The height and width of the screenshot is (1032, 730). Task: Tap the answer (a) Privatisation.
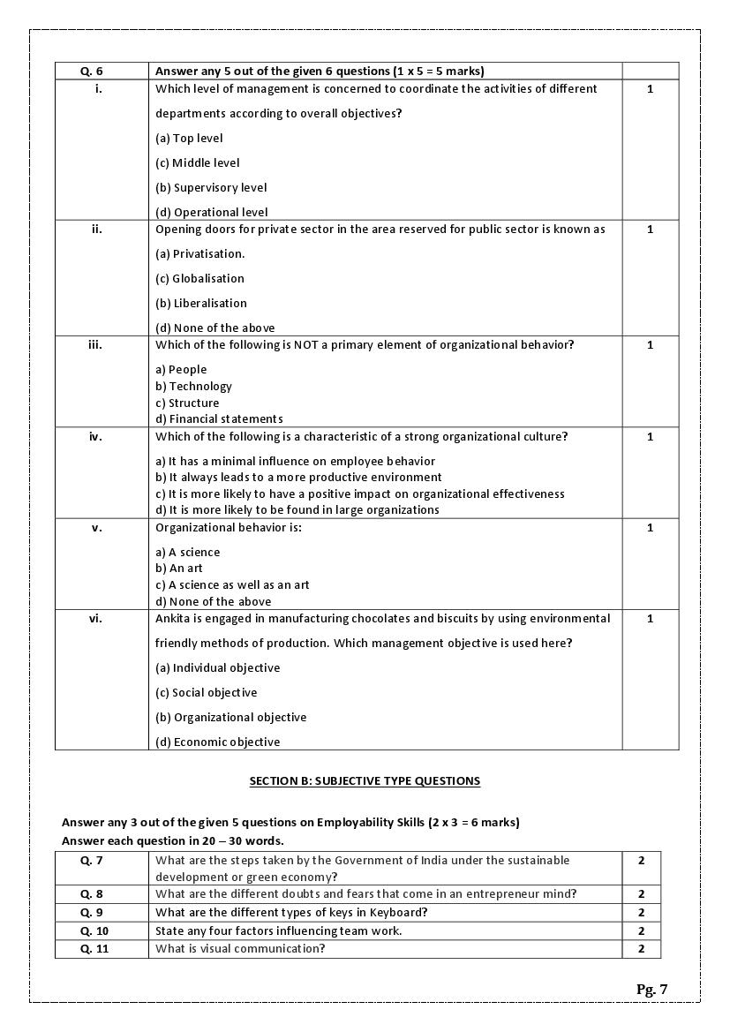point(199,253)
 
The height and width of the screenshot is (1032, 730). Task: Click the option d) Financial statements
point(219,418)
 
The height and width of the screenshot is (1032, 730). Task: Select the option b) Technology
point(193,386)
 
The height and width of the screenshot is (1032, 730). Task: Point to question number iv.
point(95,436)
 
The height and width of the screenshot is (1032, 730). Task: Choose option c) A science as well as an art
point(232,584)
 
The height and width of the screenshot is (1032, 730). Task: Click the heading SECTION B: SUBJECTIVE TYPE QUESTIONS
point(365,780)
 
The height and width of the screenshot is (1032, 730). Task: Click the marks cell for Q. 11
point(641,948)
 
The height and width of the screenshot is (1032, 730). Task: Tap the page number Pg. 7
point(651,989)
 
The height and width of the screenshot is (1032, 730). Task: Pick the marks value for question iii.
point(650,344)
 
